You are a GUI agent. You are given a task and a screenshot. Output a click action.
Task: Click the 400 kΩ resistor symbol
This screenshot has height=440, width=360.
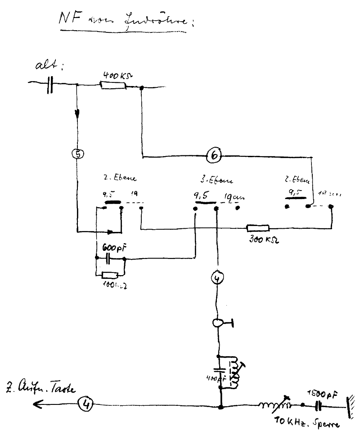point(113,85)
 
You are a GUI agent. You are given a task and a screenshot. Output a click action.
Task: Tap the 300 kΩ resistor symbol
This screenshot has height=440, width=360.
point(257,228)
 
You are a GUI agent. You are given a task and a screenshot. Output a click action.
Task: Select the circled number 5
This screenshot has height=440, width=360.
point(78,154)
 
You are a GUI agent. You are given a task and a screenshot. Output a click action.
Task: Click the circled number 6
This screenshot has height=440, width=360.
point(214,155)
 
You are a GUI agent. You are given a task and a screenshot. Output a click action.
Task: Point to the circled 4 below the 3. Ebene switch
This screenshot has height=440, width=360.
point(217,279)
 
